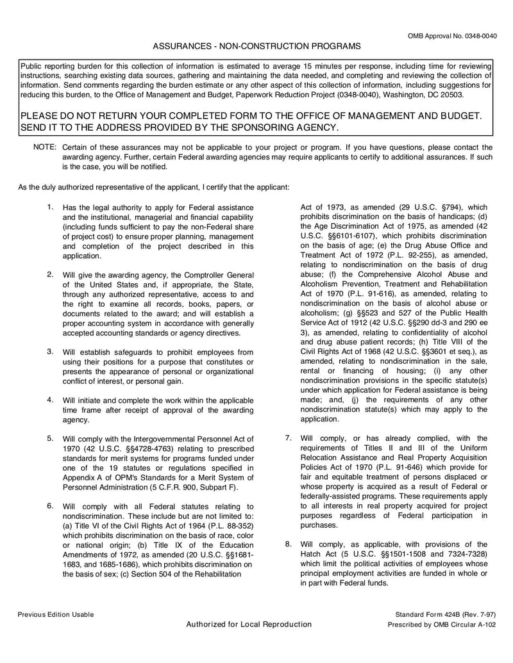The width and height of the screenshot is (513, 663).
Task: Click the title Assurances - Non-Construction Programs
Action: click(x=256, y=47)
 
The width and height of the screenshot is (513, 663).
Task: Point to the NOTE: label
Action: click(x=45, y=147)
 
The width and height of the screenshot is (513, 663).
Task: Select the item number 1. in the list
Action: click(x=50, y=207)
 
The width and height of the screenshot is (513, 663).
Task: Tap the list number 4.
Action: click(x=50, y=400)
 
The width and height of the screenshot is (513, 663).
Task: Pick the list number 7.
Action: click(x=289, y=438)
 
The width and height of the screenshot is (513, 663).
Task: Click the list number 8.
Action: click(x=289, y=544)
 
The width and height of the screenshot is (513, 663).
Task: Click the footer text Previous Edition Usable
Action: click(x=56, y=614)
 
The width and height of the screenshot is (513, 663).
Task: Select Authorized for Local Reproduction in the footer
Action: click(x=249, y=625)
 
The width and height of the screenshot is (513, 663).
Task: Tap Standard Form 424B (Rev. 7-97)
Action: click(x=446, y=614)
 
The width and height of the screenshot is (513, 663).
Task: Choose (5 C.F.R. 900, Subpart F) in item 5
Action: click(x=195, y=487)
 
